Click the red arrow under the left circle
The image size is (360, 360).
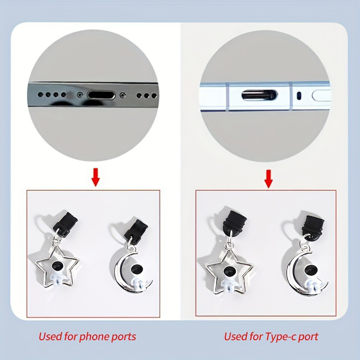(x=95, y=177)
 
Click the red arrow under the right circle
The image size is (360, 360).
(x=268, y=179)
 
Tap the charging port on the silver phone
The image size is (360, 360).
(x=102, y=95)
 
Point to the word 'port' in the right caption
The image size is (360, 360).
(x=308, y=337)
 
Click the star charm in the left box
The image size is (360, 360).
(x=57, y=267)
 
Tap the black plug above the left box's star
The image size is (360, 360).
(x=65, y=224)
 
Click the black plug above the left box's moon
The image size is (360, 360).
(x=136, y=231)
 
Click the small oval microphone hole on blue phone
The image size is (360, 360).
(x=299, y=96)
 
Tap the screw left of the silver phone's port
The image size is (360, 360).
(x=80, y=94)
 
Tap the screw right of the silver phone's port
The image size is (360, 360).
(x=122, y=95)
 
